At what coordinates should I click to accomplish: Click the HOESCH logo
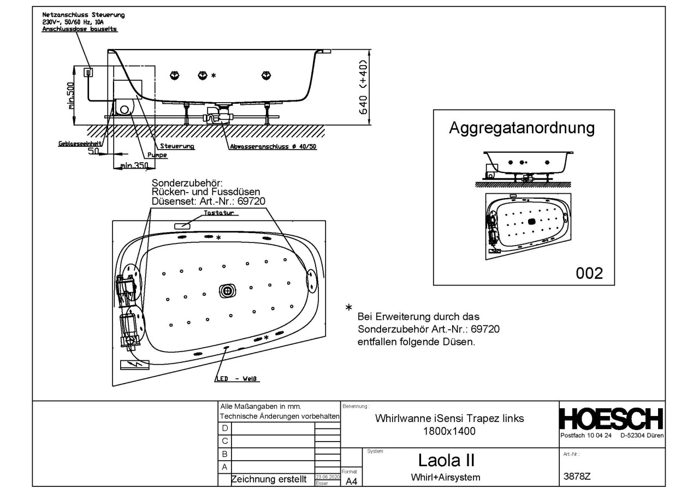[x=612, y=420]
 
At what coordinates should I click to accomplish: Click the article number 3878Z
[x=577, y=476]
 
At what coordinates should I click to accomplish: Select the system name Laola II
[x=445, y=460]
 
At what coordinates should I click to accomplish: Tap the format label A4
[x=352, y=481]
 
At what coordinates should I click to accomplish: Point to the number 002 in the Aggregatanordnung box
[x=589, y=273]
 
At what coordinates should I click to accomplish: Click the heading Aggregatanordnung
[x=521, y=128]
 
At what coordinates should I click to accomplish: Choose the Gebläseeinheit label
[x=79, y=144]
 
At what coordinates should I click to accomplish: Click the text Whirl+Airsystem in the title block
[x=445, y=477]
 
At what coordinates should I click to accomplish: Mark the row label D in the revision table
[x=224, y=429]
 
